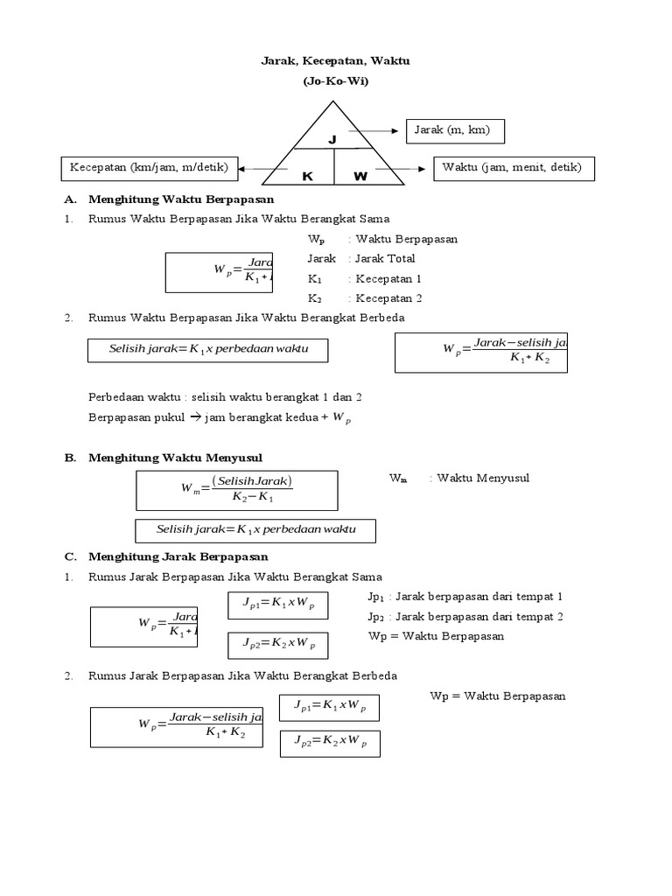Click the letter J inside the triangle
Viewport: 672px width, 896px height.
click(x=332, y=140)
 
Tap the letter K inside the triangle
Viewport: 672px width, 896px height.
click(x=307, y=176)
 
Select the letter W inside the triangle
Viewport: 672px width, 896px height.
click(x=360, y=176)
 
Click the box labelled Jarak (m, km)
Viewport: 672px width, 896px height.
click(x=455, y=131)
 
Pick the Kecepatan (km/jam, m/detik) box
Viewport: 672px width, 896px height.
click(x=150, y=168)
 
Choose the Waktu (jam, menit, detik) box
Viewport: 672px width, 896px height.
click(x=514, y=168)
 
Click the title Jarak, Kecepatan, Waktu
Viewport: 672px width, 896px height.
click(x=336, y=61)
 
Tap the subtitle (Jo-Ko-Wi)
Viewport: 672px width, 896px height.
click(x=336, y=81)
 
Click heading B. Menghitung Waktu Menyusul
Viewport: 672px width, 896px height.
click(x=175, y=458)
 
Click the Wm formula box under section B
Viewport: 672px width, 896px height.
click(x=236, y=490)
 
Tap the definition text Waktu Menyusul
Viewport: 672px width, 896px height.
click(x=483, y=478)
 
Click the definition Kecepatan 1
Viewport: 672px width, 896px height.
click(x=388, y=279)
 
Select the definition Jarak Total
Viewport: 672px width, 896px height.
click(x=385, y=259)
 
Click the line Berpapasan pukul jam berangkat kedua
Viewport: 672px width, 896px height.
click(x=219, y=418)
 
